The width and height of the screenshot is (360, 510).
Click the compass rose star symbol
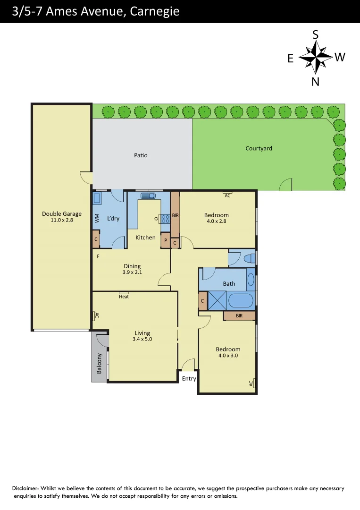[x=316, y=57]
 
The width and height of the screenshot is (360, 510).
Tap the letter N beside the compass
[x=316, y=81]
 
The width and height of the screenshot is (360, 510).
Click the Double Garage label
[x=61, y=213]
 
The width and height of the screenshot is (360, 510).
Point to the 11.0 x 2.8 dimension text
[x=61, y=220]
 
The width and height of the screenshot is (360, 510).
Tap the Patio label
[x=141, y=155]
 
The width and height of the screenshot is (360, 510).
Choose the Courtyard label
[x=259, y=148]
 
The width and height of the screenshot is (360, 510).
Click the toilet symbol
[x=250, y=258]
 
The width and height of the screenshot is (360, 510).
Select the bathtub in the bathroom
[x=241, y=300]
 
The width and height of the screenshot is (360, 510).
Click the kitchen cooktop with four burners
[x=166, y=219]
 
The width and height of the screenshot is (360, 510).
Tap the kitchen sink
[x=149, y=195]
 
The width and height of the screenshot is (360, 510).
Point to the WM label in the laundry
[x=97, y=218]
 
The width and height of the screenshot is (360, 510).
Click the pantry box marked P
[x=166, y=240]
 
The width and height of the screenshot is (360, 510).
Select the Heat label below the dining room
[x=124, y=297]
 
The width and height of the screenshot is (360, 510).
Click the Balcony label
[x=99, y=363]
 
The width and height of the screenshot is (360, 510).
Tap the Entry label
[x=189, y=378]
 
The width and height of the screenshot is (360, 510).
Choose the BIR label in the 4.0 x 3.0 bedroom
[x=239, y=315]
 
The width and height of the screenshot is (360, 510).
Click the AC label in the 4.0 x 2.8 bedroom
[x=227, y=195]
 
